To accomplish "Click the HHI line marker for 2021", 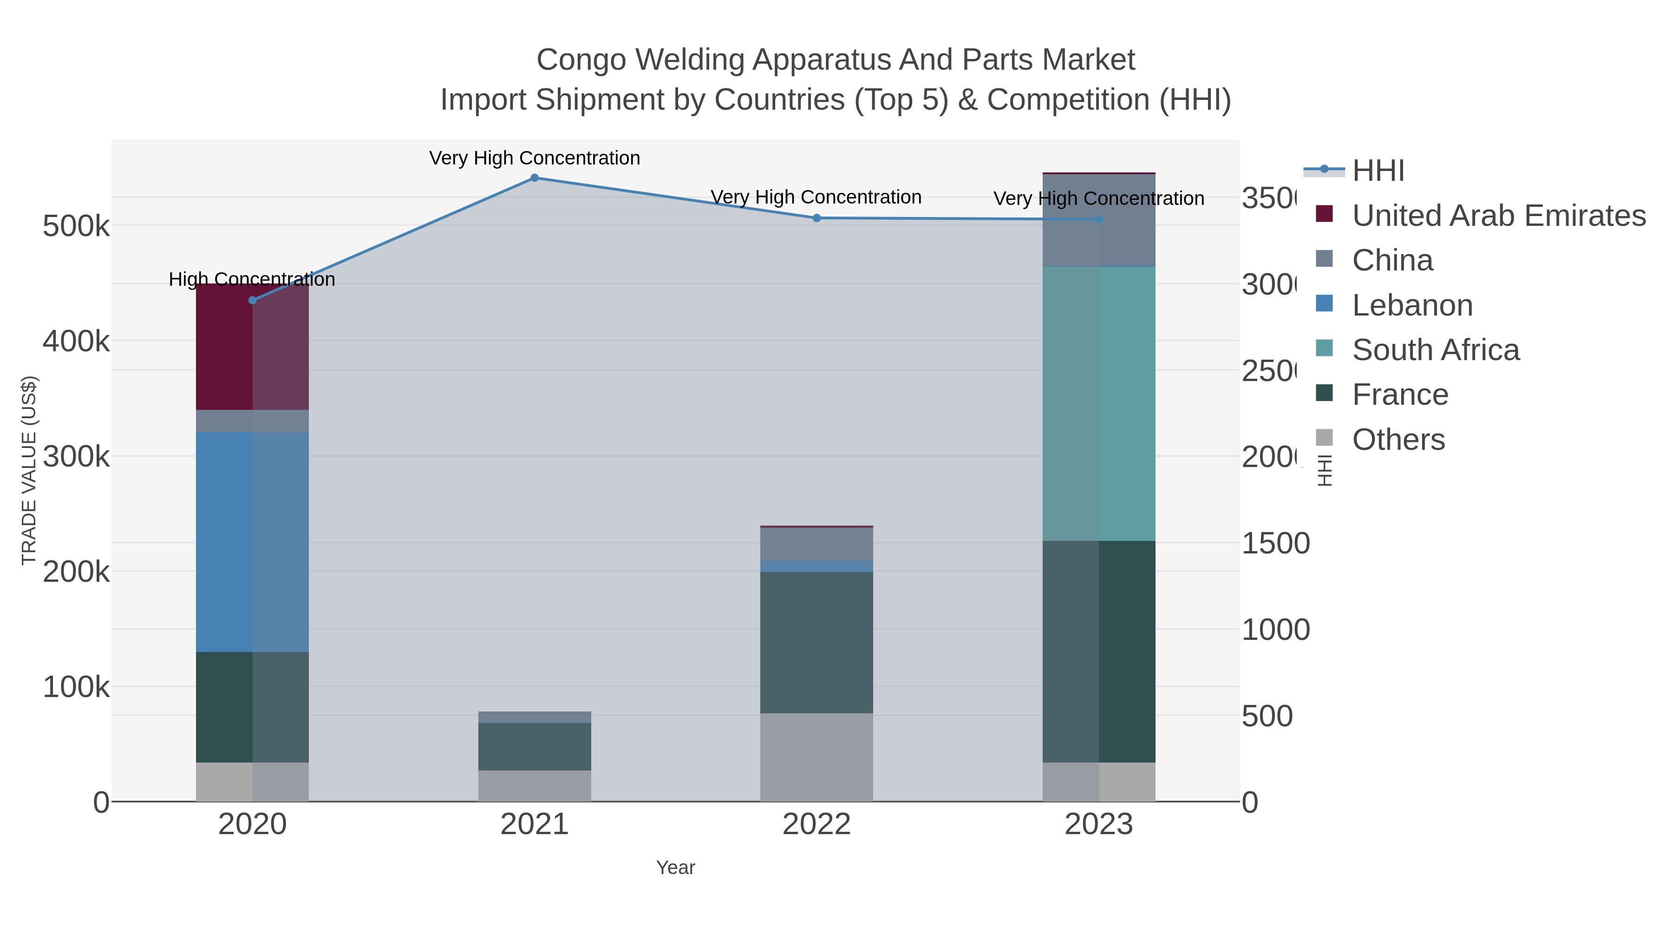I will pyautogui.click(x=534, y=178).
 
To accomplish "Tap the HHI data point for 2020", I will pyautogui.click(x=253, y=300).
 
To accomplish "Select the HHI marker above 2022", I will pyautogui.click(x=816, y=218).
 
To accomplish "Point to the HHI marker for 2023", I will pyautogui.click(x=1099, y=219).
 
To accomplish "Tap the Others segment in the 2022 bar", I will pyautogui.click(x=816, y=757).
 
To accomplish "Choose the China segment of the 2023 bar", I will pyautogui.click(x=1099, y=220).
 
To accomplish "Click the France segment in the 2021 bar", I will pyautogui.click(x=534, y=747).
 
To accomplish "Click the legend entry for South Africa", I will pyautogui.click(x=1435, y=350).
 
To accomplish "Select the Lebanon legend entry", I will pyautogui.click(x=1412, y=305).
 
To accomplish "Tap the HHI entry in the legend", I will pyautogui.click(x=1378, y=171).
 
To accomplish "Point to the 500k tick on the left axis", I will pyautogui.click(x=76, y=227).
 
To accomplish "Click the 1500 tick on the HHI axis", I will pyautogui.click(x=1275, y=544).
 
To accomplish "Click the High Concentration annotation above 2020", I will pyautogui.click(x=252, y=279).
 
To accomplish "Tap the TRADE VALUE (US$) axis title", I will pyautogui.click(x=29, y=470).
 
